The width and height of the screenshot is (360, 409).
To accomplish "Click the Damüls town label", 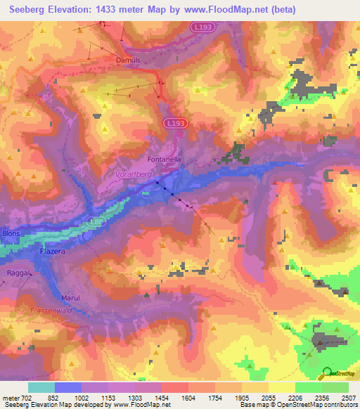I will coord(128,60).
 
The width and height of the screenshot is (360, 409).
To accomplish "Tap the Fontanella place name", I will coord(165,160).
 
